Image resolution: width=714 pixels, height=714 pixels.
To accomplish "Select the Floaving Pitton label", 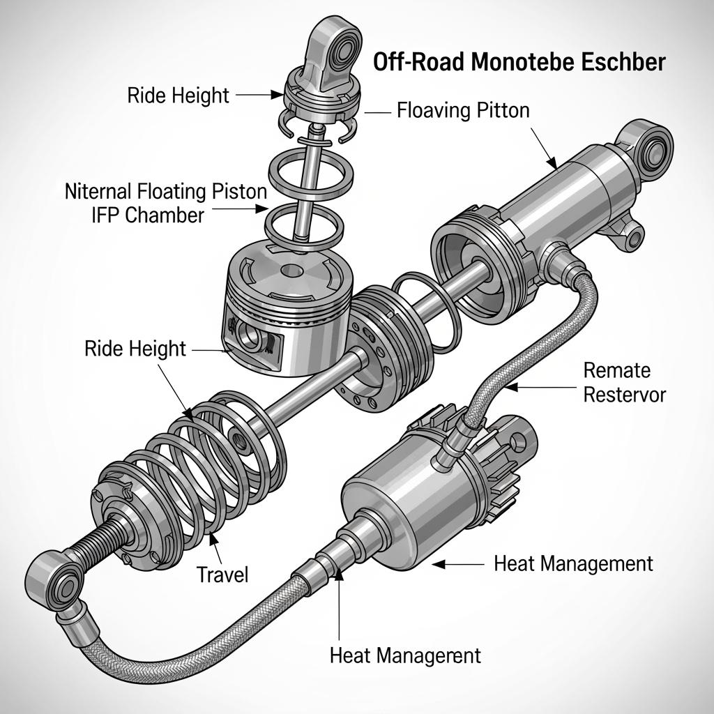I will tap(463, 110).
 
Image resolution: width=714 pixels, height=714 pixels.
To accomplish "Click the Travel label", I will tap(222, 575).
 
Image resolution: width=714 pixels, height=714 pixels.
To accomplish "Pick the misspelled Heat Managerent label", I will tap(404, 655).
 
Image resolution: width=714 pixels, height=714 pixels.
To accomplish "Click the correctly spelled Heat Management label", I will tap(573, 563).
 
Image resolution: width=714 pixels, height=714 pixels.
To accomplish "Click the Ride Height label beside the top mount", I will tap(178, 96).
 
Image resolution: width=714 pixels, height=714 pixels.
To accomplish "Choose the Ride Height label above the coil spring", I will tap(135, 348).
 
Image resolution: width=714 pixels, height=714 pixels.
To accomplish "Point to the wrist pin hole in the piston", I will tap(250, 333).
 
